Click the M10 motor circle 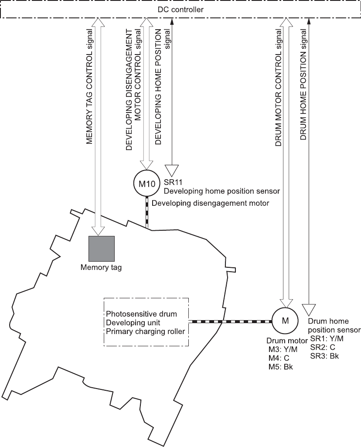[x=147, y=184]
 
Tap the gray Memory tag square [x=102, y=249]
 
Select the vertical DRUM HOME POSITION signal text [x=303, y=82]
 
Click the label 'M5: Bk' [x=281, y=366]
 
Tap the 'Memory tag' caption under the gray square [x=101, y=267]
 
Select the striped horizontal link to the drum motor [x=230, y=321]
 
